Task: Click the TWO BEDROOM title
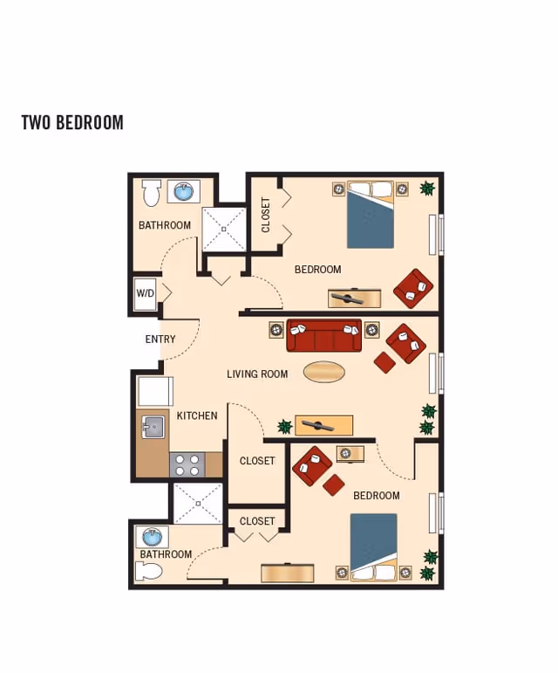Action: [x=72, y=122]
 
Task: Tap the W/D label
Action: [x=145, y=294]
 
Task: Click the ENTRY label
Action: [x=160, y=340]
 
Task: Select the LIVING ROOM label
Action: [x=257, y=374]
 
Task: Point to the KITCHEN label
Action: [x=197, y=415]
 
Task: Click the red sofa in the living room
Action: [x=324, y=336]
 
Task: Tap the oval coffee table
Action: [x=324, y=372]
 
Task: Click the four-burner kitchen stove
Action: [x=187, y=464]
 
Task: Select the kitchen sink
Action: [x=153, y=427]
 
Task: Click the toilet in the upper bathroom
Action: [x=152, y=192]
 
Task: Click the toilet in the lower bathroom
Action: [x=150, y=571]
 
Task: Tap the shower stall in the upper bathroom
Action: [x=224, y=230]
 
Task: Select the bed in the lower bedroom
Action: [x=373, y=546]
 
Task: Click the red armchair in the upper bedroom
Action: [x=413, y=288]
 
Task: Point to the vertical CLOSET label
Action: [x=266, y=215]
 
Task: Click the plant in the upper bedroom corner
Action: [x=427, y=188]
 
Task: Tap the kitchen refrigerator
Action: [x=155, y=391]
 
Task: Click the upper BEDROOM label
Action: [x=317, y=270]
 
